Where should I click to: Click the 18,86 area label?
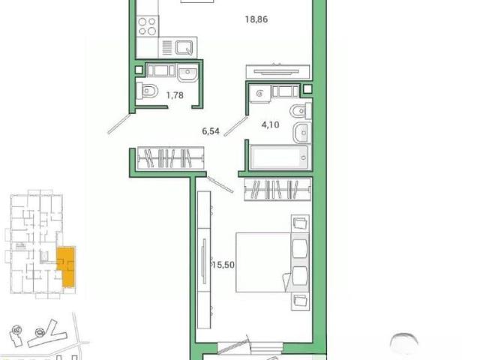click(x=256, y=19)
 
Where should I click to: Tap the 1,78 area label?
click(x=175, y=95)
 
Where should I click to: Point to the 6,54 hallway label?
click(x=211, y=131)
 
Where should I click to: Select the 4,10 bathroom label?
click(x=270, y=124)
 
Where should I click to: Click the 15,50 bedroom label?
click(x=223, y=265)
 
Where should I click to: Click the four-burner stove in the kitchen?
click(x=148, y=26)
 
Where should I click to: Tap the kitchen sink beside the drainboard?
click(x=184, y=47)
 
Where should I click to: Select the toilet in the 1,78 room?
click(x=147, y=91)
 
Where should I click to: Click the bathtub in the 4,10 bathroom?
click(x=279, y=157)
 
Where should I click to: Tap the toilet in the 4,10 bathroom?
click(x=300, y=111)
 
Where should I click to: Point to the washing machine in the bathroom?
click(x=260, y=93)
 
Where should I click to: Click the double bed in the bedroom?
click(x=271, y=262)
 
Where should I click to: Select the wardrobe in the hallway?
click(x=170, y=158)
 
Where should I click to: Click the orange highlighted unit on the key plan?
click(x=67, y=266)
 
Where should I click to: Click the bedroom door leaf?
click(x=220, y=184)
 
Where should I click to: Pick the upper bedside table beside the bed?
click(x=300, y=223)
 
